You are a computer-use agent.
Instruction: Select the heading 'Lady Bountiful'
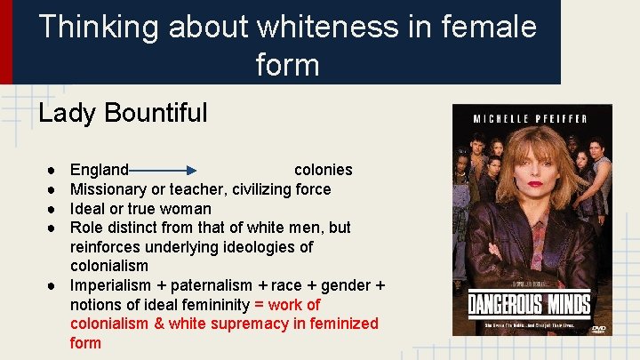click(123, 113)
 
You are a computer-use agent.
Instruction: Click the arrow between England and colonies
click(164, 170)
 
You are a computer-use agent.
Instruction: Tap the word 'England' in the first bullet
click(100, 170)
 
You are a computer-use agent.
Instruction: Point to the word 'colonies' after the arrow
click(323, 170)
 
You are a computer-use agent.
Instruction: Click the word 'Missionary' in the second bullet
click(109, 189)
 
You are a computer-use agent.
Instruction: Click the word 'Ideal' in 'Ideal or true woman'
click(89, 209)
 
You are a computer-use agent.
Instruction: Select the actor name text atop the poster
click(532, 119)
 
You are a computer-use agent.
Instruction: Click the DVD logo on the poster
click(597, 328)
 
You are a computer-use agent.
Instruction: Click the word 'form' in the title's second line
click(287, 64)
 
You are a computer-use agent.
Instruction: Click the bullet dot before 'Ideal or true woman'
click(54, 209)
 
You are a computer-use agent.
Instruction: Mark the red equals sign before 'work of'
click(260, 305)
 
